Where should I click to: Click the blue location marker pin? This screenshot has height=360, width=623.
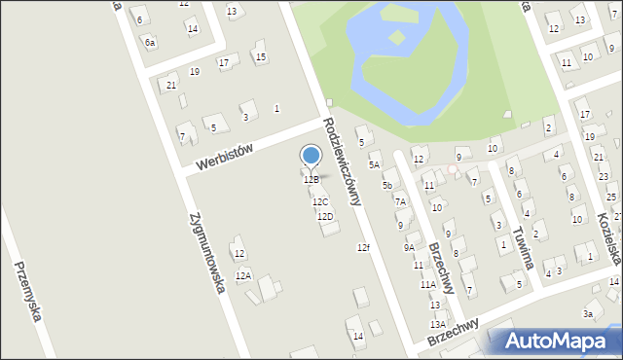[311, 157]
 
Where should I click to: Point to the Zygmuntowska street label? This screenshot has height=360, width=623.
[209, 252]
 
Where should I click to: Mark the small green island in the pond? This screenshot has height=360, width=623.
[396, 38]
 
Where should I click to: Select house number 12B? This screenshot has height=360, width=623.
[311, 180]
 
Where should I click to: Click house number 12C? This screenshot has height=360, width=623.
[320, 201]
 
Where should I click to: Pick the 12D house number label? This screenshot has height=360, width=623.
[325, 216]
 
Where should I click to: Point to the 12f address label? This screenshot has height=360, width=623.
[362, 248]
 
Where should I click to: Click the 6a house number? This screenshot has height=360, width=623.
[149, 42]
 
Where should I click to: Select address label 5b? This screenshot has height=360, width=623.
[387, 185]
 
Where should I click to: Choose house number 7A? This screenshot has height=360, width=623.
[399, 202]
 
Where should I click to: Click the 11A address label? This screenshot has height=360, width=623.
[427, 285]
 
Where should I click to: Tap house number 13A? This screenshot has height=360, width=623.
[438, 324]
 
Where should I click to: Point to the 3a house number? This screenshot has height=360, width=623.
[587, 313]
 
